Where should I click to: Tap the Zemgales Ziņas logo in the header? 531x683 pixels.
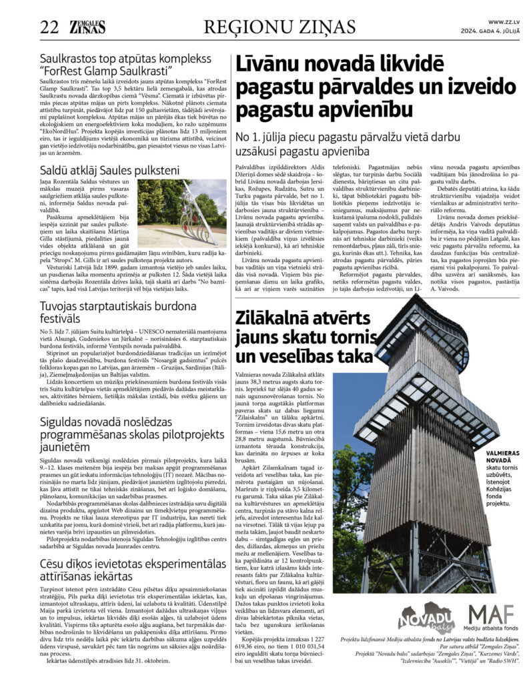[85, 27]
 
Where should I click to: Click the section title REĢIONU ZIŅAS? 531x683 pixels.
[280, 27]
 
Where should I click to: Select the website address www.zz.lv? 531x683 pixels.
[504, 22]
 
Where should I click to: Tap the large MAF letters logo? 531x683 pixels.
[491, 614]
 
